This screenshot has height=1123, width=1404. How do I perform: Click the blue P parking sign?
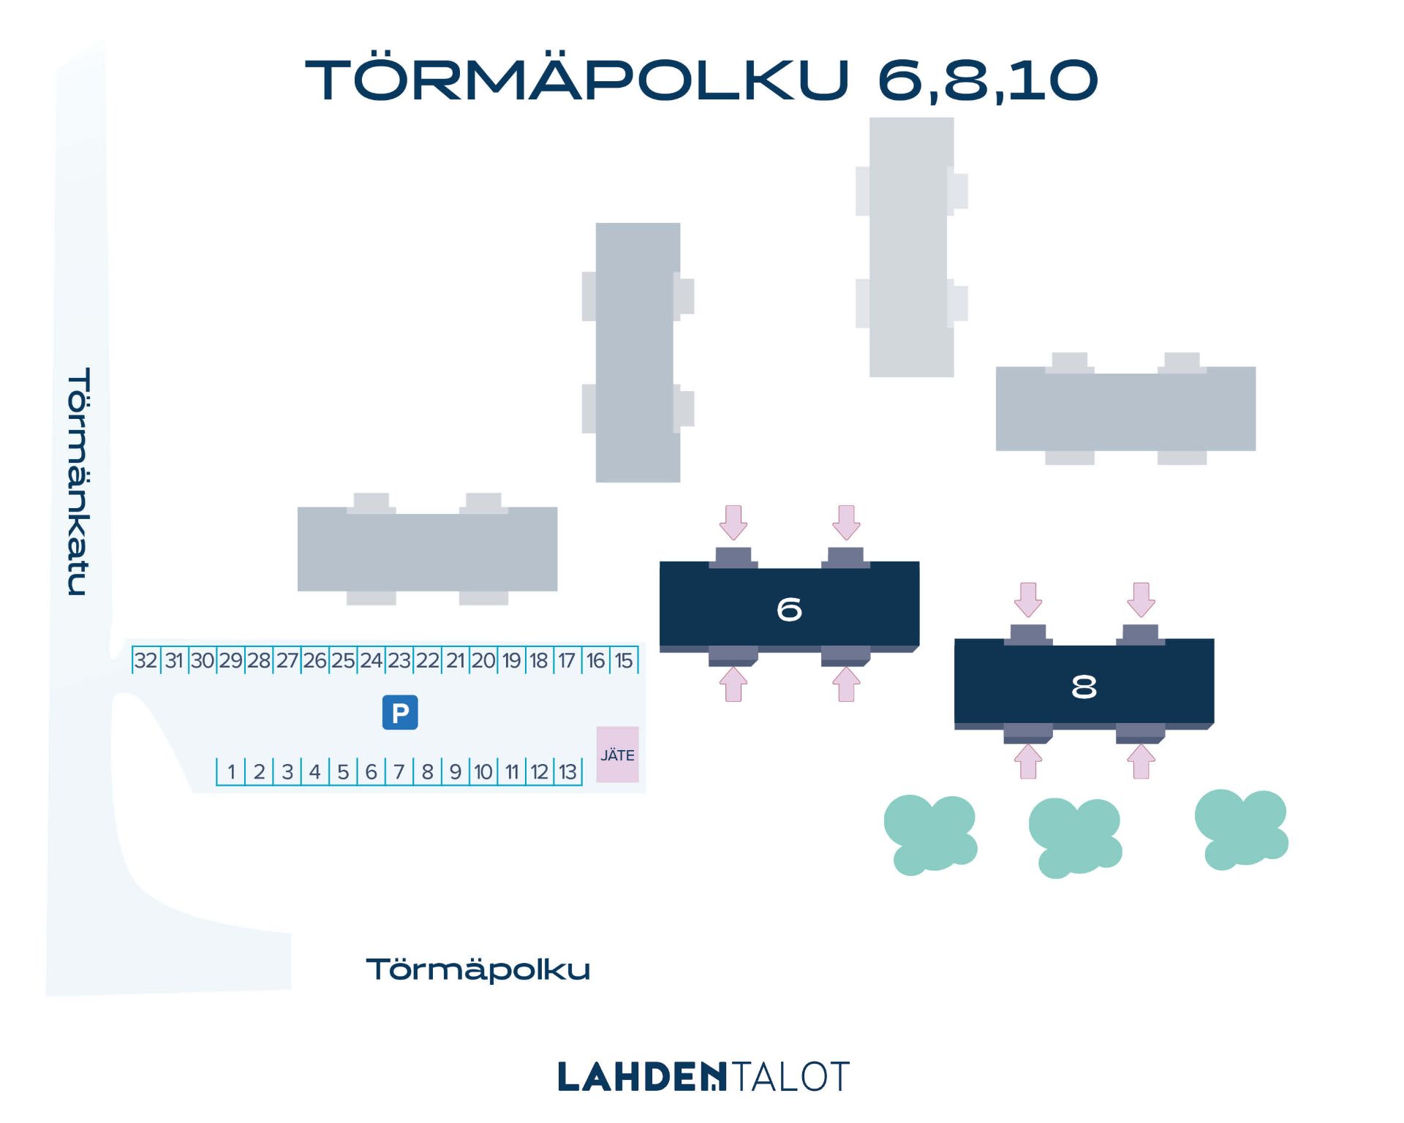point(400,712)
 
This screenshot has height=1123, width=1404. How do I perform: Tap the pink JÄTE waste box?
point(617,755)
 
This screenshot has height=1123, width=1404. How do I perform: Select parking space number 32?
point(146,660)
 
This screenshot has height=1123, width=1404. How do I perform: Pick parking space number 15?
point(624,660)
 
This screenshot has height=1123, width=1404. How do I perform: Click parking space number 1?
point(231,771)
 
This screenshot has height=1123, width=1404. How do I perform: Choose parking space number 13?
point(568,771)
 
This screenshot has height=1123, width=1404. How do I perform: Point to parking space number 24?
point(371,660)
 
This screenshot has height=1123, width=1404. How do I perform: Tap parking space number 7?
point(399,771)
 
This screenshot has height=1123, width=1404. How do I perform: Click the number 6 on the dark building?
point(789,609)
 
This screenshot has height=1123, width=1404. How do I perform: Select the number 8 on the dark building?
point(1084,687)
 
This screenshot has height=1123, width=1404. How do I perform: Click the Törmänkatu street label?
point(79,481)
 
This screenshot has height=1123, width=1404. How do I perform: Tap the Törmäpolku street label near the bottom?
point(478,969)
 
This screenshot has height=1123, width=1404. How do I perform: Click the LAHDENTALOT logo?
point(703,1076)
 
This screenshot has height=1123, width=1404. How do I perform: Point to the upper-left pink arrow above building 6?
point(733,522)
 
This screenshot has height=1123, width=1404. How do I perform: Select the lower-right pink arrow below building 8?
point(1141,761)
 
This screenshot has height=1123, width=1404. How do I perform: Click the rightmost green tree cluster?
point(1241,830)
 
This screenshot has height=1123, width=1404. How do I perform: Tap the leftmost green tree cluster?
point(930,835)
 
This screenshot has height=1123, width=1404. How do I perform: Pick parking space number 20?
point(483,660)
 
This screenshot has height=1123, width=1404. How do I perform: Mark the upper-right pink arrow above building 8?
point(1141,600)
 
